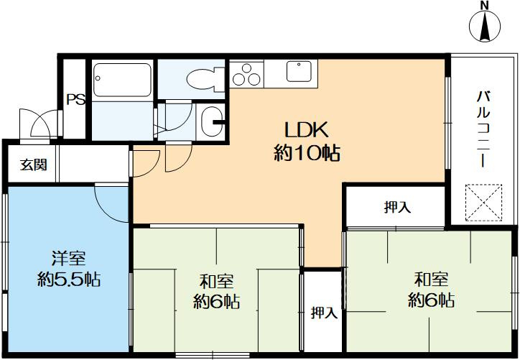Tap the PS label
coord(75,100)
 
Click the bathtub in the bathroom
coord(122,80)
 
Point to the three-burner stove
coord(246,74)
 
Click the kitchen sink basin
coord(299,71)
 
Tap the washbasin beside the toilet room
coord(212,121)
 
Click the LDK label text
coord(307,130)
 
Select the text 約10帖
coord(307,153)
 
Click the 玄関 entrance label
coord(34,165)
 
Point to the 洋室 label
coord(69,259)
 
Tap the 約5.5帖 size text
coord(69,279)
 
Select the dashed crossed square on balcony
coord(483,203)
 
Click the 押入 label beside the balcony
coord(397,208)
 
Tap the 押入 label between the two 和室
coord(324,313)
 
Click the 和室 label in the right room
coord(431,280)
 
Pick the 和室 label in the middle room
coord(217,282)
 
